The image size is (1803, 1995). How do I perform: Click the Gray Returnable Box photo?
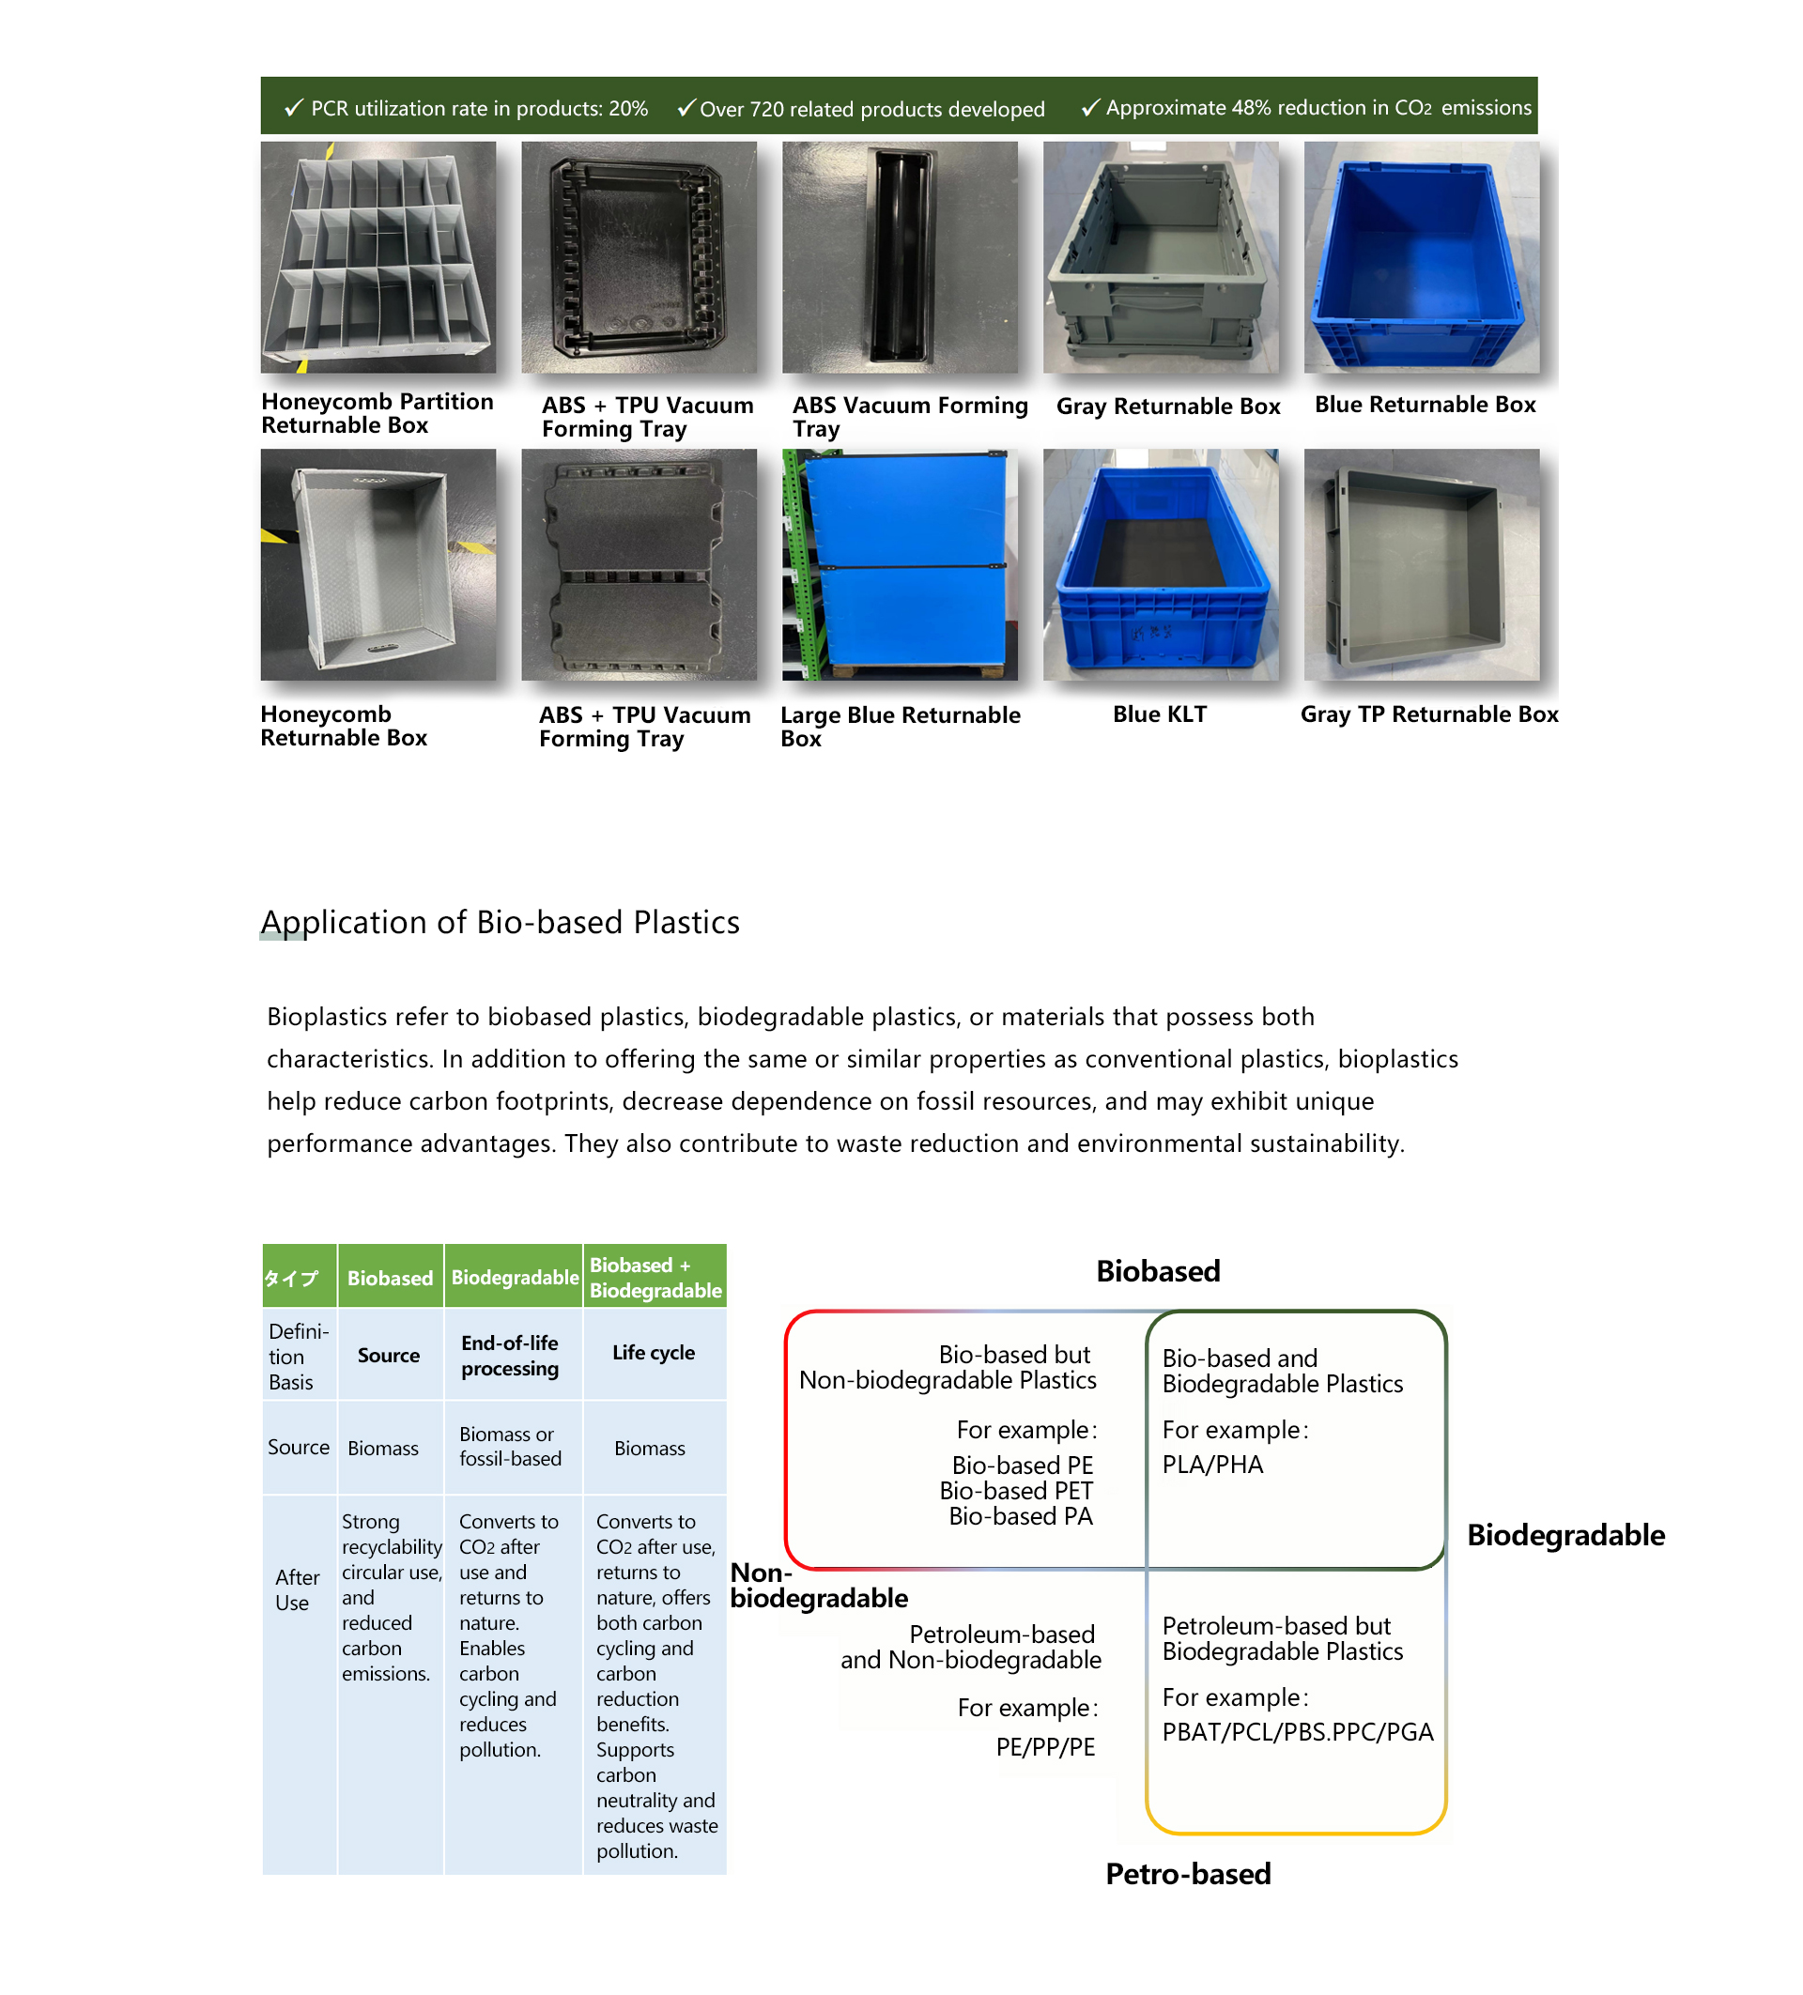(1160, 256)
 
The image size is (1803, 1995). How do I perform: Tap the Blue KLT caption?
(1159, 714)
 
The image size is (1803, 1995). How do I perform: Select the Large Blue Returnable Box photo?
(900, 564)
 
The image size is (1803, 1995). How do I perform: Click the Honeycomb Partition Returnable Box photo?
(378, 256)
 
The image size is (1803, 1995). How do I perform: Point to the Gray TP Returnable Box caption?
(1428, 714)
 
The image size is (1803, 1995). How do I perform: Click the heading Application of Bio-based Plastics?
(500, 921)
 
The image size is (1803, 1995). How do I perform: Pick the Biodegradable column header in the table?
(514, 1277)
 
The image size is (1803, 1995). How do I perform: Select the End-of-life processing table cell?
(510, 1355)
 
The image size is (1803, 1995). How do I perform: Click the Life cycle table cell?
(653, 1352)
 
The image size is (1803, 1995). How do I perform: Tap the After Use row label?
(296, 1589)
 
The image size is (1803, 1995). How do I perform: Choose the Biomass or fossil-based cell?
(510, 1446)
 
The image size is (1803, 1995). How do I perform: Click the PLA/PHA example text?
(1212, 1465)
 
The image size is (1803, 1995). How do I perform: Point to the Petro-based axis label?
(1188, 1873)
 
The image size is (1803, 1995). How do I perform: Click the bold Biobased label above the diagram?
(1158, 1270)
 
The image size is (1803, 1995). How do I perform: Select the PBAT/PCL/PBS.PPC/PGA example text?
(1296, 1732)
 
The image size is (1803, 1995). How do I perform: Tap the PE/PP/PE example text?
(1045, 1746)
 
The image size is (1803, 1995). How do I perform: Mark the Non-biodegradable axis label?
(817, 1586)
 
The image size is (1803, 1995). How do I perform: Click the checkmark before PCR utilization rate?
(293, 108)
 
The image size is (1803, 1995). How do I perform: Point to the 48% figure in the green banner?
(1251, 107)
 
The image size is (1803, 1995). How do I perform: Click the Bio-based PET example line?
(1015, 1490)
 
